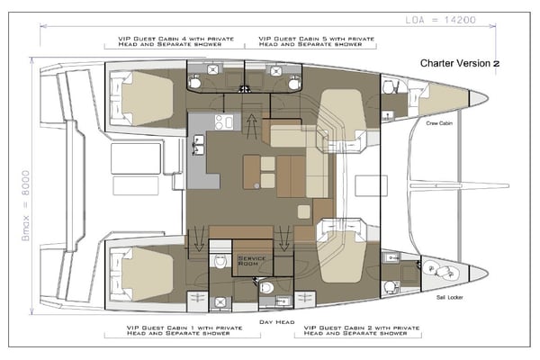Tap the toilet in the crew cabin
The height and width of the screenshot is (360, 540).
388,86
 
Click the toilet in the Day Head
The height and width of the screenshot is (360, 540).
267,287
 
